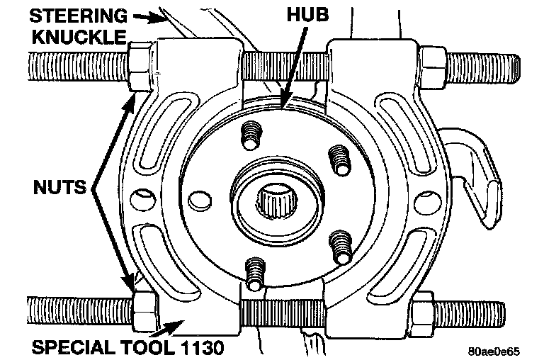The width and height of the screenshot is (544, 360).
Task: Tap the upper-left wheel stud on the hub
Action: click(251, 133)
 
